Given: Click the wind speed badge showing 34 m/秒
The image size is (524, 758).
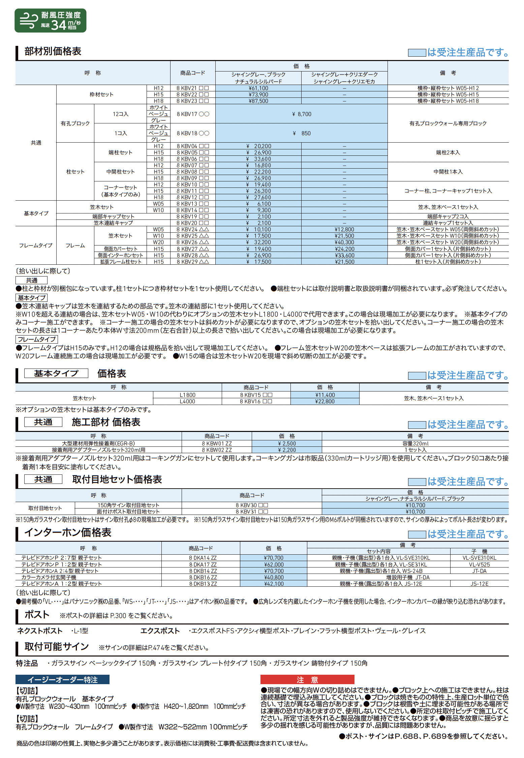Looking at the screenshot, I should (x=50, y=21).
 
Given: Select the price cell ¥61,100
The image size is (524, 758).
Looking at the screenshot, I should (x=258, y=88).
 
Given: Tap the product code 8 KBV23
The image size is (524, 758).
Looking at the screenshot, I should (x=192, y=101).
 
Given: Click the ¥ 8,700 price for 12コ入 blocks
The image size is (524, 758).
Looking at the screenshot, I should (x=301, y=114).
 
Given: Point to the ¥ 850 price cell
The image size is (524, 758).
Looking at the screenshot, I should (x=301, y=134).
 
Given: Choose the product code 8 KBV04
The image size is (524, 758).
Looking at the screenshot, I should (x=192, y=146).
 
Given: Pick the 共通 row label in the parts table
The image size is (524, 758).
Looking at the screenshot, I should (x=36, y=143).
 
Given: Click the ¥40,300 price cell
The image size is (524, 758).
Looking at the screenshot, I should (x=344, y=242).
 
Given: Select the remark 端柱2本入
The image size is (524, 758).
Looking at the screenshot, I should (x=448, y=153).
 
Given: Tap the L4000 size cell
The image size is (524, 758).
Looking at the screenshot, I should (x=187, y=402).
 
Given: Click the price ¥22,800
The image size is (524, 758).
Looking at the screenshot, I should (x=325, y=402).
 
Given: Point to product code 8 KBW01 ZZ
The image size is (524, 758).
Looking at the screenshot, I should (x=217, y=444).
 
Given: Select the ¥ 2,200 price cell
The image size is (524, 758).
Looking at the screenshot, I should (x=287, y=450).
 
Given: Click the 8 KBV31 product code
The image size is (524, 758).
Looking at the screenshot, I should (x=252, y=512).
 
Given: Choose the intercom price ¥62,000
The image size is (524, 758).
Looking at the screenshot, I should (x=274, y=565).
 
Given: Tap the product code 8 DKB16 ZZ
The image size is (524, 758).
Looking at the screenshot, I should (x=203, y=578).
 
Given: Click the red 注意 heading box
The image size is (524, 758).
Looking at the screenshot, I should (x=307, y=680).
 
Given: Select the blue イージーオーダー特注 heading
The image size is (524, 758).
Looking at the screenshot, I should (x=62, y=680).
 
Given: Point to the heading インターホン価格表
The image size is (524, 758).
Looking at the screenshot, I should (x=68, y=533).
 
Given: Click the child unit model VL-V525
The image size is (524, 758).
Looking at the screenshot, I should (x=479, y=565).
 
